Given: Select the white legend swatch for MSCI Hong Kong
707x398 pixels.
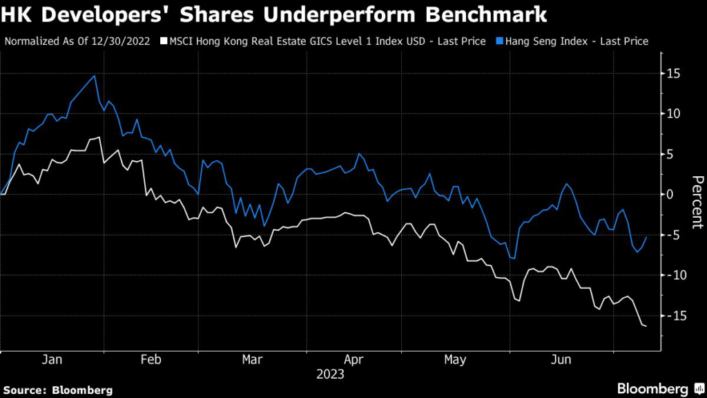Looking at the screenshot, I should click(163, 41).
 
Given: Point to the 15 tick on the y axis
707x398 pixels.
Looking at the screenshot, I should click(671, 74).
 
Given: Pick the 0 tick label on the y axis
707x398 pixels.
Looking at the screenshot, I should click(668, 194).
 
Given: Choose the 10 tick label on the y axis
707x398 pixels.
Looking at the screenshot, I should click(671, 114).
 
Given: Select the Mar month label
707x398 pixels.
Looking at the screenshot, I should click(252, 360).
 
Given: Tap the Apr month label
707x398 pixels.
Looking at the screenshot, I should click(353, 360).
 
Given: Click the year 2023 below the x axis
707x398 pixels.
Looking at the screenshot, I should click(330, 375).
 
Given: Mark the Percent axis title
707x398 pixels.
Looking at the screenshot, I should click(696, 194).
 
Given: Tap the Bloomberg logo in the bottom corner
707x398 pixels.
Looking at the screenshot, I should click(652, 389).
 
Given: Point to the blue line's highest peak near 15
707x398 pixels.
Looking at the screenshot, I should click(94, 75).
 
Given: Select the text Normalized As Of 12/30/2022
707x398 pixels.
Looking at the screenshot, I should click(79, 41).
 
